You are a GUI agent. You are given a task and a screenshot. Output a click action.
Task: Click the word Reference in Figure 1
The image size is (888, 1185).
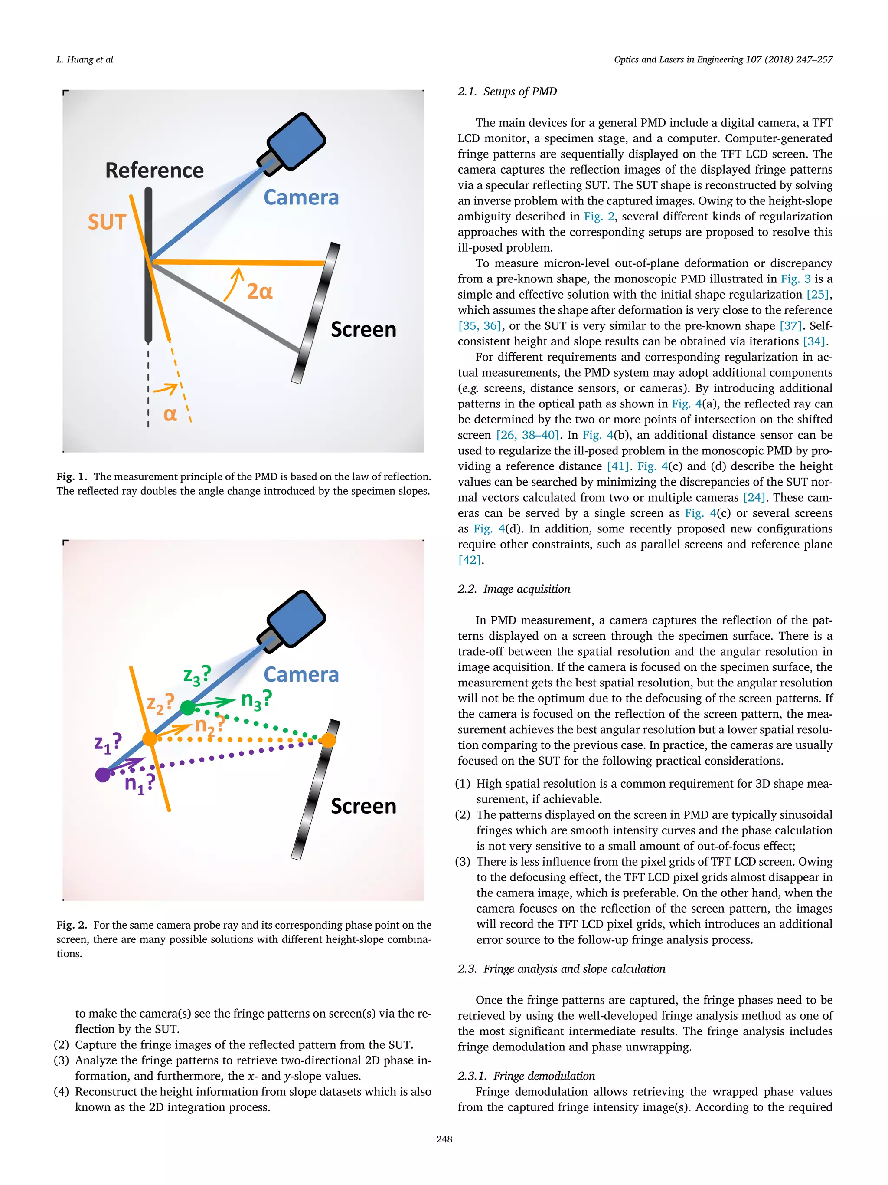[154, 171]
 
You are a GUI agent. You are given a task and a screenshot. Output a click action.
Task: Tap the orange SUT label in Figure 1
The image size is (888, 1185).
[107, 222]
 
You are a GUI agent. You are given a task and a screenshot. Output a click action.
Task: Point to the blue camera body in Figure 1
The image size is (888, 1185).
[297, 141]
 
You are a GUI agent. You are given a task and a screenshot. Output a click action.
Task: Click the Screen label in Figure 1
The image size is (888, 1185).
[363, 329]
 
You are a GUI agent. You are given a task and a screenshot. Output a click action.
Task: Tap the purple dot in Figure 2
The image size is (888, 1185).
[103, 775]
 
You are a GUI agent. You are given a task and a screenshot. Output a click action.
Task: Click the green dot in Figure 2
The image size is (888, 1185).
[188, 708]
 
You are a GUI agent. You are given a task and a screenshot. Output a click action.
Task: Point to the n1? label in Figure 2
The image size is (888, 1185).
[139, 783]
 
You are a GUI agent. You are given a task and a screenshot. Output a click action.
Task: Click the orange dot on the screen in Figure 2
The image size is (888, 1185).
[328, 740]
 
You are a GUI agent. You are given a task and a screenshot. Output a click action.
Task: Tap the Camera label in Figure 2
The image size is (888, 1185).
[301, 674]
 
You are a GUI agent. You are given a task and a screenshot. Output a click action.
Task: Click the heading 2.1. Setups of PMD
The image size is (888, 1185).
[507, 92]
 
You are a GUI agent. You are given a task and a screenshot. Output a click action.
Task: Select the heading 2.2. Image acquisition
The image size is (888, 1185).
[513, 589]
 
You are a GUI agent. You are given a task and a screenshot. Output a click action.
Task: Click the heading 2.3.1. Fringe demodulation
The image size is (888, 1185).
[526, 1076]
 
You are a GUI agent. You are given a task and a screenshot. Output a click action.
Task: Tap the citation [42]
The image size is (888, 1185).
[470, 560]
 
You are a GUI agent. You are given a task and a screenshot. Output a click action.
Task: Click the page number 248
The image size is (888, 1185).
[444, 1139]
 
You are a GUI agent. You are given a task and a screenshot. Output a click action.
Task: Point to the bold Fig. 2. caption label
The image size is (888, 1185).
[71, 925]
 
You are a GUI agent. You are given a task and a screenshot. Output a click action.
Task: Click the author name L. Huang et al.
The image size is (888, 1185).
[86, 59]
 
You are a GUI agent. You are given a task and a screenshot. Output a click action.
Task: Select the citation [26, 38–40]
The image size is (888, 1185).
[527, 435]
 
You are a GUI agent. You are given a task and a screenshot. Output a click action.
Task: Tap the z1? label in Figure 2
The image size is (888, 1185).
[108, 743]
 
